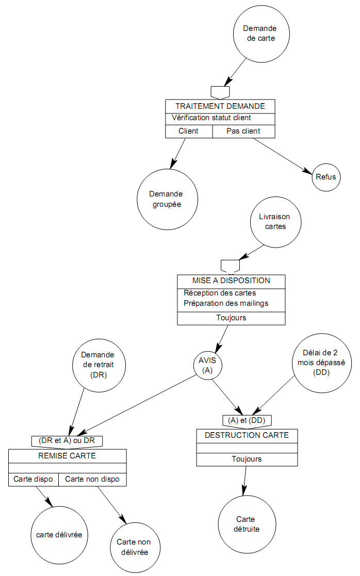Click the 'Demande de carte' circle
tap(259, 33)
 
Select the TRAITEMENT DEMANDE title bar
tap(220, 106)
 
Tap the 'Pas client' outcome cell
tap(243, 131)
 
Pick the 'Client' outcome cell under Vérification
tap(188, 131)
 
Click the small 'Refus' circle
tap(326, 177)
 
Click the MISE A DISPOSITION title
tap(231, 281)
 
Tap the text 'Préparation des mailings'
tap(226, 303)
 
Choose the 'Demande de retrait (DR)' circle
tap(97, 364)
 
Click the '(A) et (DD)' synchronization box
tap(247, 420)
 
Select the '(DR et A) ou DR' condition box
tap(67, 440)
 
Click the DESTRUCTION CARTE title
tap(247, 435)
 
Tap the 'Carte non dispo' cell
tap(92, 479)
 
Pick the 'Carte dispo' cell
tap(33, 479)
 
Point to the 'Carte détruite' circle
tap(246, 524)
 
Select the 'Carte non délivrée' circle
tap(134, 547)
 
